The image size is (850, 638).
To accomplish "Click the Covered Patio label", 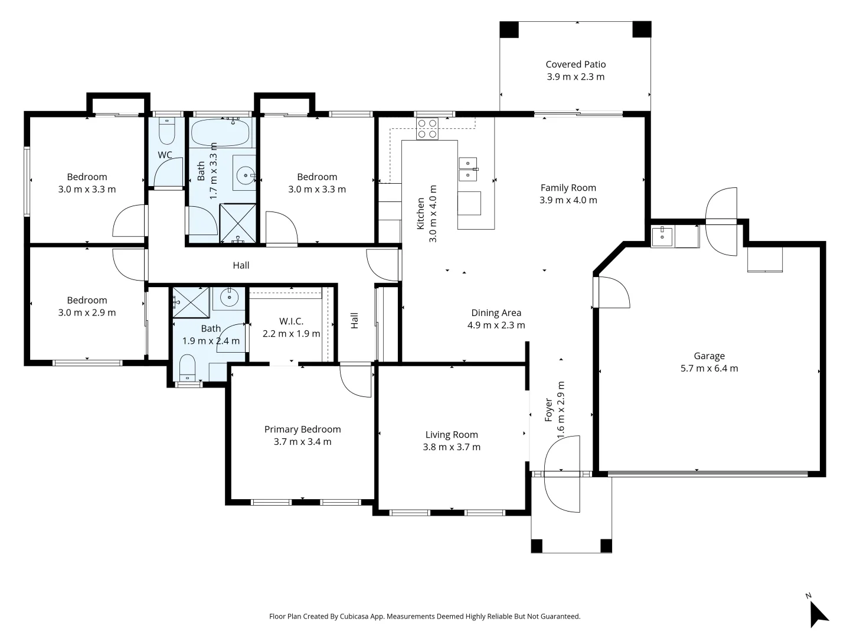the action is click(576, 64).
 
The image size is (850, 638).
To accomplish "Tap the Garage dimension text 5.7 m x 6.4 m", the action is click(709, 368).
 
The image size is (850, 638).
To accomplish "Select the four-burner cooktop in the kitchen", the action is click(427, 129).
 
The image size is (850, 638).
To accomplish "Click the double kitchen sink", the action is click(467, 170).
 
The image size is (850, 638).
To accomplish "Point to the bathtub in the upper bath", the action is click(221, 132).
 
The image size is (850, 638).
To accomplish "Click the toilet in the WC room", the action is click(167, 131).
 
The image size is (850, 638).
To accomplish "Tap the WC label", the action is click(165, 155).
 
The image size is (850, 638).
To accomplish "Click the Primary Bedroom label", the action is click(302, 429).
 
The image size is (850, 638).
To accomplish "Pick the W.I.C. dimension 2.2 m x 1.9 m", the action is click(291, 334).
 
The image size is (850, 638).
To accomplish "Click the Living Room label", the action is click(452, 435).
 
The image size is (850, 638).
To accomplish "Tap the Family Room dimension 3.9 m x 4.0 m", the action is click(568, 200).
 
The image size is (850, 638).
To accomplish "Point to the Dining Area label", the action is click(496, 313).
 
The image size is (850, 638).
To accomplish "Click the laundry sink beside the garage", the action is click(662, 236).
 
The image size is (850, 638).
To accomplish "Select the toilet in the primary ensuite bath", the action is click(188, 367).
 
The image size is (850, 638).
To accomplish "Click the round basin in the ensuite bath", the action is click(229, 298).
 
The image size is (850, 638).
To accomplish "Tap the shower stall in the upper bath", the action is click(237, 223).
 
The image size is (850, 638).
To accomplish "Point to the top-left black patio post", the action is click(509, 30).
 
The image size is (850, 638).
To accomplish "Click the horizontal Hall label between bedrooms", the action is click(241, 265).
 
